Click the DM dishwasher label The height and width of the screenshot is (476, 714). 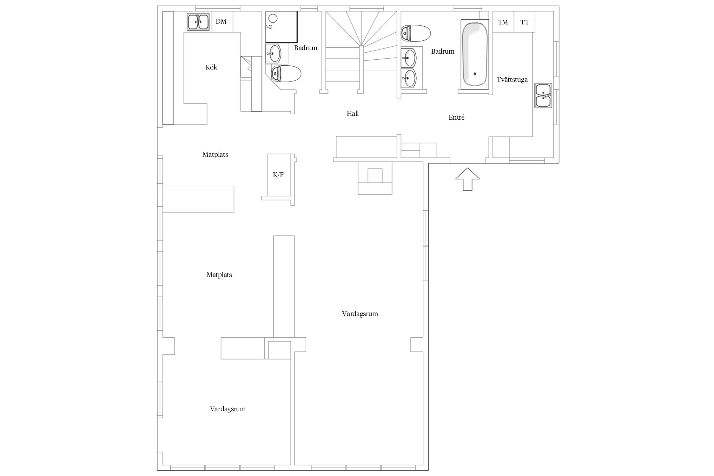[221, 22]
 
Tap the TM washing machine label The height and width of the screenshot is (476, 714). [503, 22]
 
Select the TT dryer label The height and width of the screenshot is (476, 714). [525, 22]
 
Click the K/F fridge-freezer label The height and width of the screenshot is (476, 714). [278, 175]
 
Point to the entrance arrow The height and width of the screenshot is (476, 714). [467, 179]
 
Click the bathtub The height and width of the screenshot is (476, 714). [475, 55]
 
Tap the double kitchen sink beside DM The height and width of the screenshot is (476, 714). [198, 22]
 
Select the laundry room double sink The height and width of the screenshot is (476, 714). [543, 95]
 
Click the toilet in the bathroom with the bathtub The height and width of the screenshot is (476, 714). [416, 33]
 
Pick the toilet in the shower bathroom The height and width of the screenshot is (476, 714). [286, 74]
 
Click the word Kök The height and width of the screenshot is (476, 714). [211, 67]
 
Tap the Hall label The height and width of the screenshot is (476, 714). [353, 114]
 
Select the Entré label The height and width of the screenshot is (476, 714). [457, 117]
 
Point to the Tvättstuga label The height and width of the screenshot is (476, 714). [512, 80]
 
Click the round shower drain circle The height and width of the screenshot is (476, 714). [273, 18]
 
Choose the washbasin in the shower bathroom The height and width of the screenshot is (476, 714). [273, 53]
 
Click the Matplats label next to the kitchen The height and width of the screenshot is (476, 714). [215, 155]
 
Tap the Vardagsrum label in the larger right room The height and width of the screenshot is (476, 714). [360, 314]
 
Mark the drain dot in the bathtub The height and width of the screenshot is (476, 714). [475, 74]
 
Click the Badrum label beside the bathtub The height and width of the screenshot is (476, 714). [443, 51]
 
